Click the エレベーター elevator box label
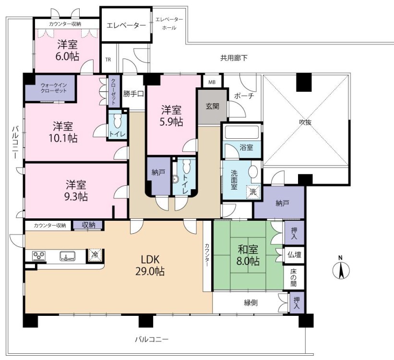(126, 25)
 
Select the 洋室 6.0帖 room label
(67, 50)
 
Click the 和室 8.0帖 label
(248, 255)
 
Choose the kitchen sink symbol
(67, 256)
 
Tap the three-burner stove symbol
(39, 256)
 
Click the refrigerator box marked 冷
(95, 256)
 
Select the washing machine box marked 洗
(253, 192)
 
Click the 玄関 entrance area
(213, 107)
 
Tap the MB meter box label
(212, 82)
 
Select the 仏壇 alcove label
(294, 255)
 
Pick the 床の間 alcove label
(294, 277)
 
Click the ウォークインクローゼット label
(54, 88)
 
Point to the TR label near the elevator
(108, 60)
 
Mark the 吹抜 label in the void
(305, 122)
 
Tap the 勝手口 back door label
(133, 94)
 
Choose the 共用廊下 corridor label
(234, 58)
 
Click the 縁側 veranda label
(251, 303)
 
